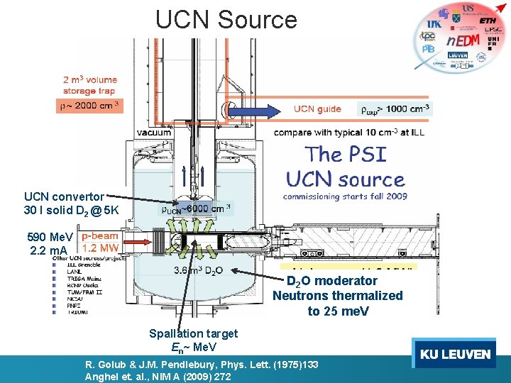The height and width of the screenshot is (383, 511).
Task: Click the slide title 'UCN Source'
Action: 226,19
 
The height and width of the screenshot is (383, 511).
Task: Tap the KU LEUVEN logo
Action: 455,354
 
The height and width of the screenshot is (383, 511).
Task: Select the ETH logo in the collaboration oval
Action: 488,21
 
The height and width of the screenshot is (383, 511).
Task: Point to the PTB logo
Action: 429,50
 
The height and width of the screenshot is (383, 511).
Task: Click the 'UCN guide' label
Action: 317,109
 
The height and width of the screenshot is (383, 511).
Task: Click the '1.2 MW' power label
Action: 99,248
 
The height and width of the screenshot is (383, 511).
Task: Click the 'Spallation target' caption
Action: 193,333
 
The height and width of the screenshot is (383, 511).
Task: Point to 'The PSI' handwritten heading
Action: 345,153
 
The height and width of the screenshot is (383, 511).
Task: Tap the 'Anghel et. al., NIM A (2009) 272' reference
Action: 158,377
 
